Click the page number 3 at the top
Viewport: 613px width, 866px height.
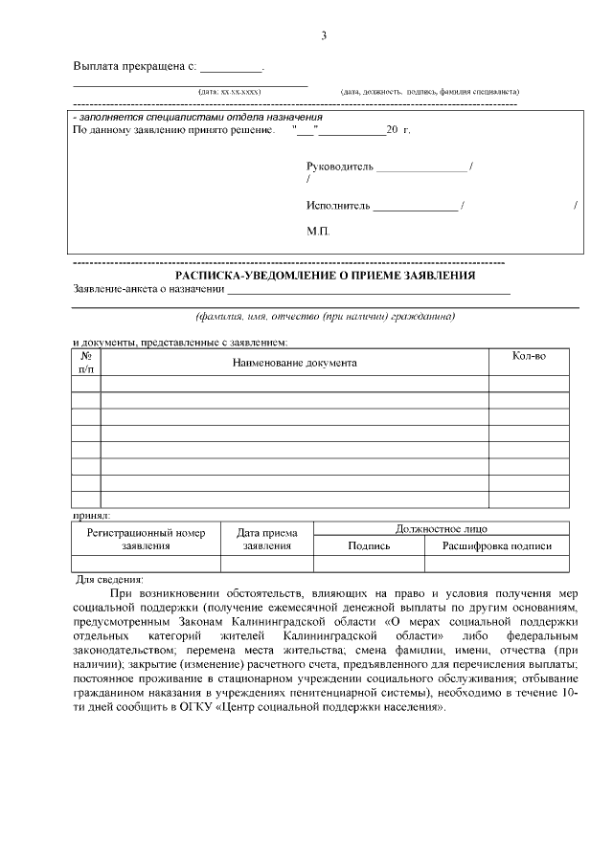coord(324,35)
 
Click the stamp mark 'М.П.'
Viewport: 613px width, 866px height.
coord(318,232)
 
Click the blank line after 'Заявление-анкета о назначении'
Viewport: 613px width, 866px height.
coord(368,292)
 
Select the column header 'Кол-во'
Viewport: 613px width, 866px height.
coord(530,356)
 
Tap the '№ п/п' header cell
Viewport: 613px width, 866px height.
coord(86,362)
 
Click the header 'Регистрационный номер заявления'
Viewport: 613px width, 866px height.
coord(146,539)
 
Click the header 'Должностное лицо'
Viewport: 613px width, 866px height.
coord(442,528)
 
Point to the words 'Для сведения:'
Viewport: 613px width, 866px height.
coord(109,580)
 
